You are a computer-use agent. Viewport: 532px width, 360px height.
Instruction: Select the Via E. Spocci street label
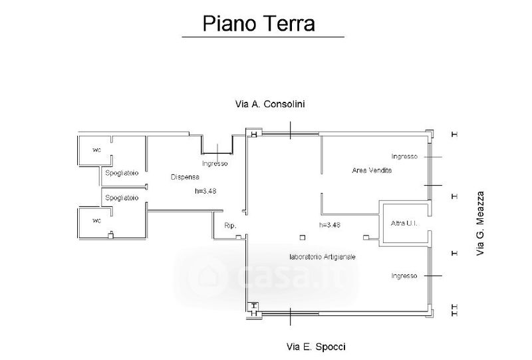[316, 346]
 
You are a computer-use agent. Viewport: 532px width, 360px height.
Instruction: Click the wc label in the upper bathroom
[96, 148]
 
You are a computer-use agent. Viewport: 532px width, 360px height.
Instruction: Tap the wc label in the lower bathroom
[96, 221]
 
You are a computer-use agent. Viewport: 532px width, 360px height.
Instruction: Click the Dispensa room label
[184, 177]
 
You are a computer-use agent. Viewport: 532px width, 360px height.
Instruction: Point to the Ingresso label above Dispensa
[215, 164]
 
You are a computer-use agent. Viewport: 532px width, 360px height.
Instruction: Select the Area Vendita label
[372, 171]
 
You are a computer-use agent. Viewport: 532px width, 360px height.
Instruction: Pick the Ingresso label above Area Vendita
[404, 156]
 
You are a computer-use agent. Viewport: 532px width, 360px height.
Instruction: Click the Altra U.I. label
[404, 222]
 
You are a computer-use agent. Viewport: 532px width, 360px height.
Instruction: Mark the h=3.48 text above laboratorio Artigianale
[330, 225]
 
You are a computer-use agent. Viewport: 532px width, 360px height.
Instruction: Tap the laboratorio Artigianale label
[323, 256]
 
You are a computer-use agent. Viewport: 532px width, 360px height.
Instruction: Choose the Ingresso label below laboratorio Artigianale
[404, 275]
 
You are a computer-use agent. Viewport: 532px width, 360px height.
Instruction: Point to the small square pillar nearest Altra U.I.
[365, 238]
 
